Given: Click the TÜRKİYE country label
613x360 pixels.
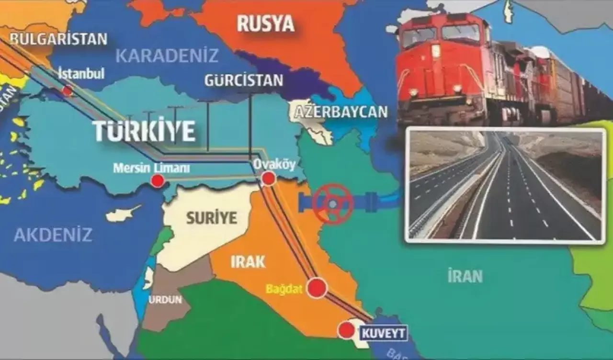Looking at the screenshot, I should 144,131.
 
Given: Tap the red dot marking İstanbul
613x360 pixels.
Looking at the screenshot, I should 68,90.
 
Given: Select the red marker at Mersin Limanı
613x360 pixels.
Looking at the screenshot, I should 158,181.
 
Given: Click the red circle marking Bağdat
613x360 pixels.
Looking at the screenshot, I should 317,288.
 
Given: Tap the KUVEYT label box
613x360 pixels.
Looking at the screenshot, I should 383,333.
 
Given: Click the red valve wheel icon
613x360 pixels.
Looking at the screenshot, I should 333,204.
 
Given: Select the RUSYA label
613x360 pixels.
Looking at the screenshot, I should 265,24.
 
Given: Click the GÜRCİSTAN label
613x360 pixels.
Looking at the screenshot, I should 243,80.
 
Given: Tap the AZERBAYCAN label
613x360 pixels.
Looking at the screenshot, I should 341,112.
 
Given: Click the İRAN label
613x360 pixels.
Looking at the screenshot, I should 465,276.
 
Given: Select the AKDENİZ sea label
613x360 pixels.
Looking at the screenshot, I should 53,235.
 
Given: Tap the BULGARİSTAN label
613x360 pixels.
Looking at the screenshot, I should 58,39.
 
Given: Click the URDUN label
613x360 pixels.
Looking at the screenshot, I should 165,300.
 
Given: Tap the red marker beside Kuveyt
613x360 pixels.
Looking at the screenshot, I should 345,330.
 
